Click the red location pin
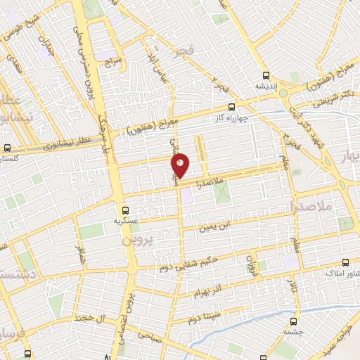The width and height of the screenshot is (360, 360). (181, 166)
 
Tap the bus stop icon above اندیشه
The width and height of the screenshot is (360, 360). (265, 75)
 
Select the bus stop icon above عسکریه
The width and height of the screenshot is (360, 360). (125, 210)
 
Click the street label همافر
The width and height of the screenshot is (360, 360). (82, 254)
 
